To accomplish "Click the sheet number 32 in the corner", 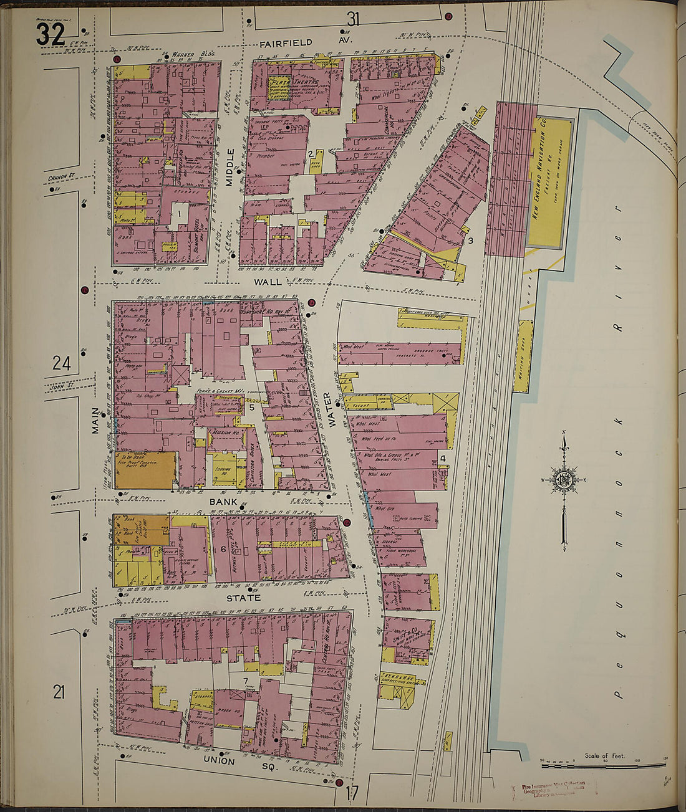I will tap(50, 34).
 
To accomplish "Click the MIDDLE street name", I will tap(230, 167).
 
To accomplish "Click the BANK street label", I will tap(223, 502).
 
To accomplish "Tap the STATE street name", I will tap(243, 598).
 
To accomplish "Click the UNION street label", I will tap(218, 761).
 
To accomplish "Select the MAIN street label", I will tap(96, 420).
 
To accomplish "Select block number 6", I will tap(223, 549).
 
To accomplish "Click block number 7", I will tap(246, 680).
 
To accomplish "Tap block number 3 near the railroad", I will tap(471, 240).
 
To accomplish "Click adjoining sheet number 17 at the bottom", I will tap(352, 794).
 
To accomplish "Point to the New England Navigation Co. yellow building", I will tap(550, 182).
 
